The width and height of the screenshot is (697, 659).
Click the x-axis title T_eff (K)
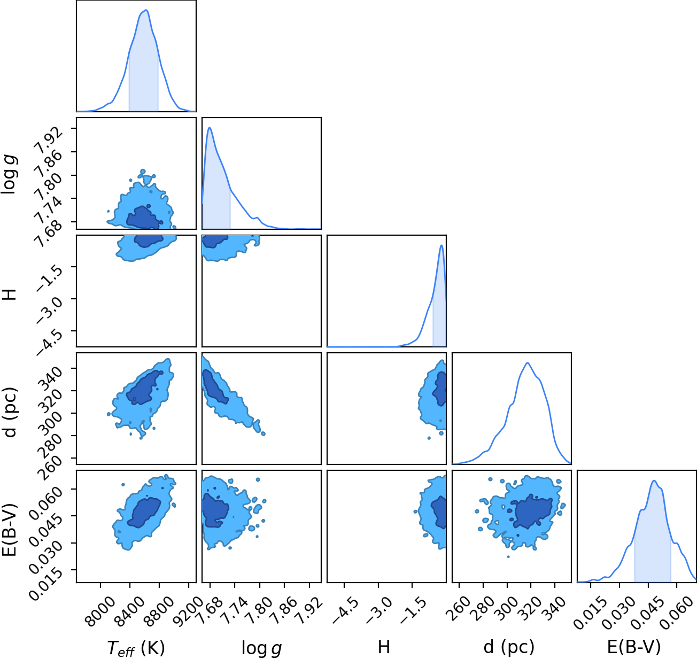[136, 648]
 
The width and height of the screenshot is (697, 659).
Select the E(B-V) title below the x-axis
[634, 647]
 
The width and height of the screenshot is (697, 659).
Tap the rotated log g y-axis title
[10, 174]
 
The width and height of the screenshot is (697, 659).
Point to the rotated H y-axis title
[10, 294]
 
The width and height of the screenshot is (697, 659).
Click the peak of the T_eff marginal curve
[146, 10]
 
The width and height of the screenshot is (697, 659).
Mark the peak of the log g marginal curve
[210, 128]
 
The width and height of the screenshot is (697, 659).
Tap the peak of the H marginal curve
[442, 245]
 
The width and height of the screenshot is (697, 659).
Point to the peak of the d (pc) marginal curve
[528, 363]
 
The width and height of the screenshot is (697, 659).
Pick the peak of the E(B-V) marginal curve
[654, 480]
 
